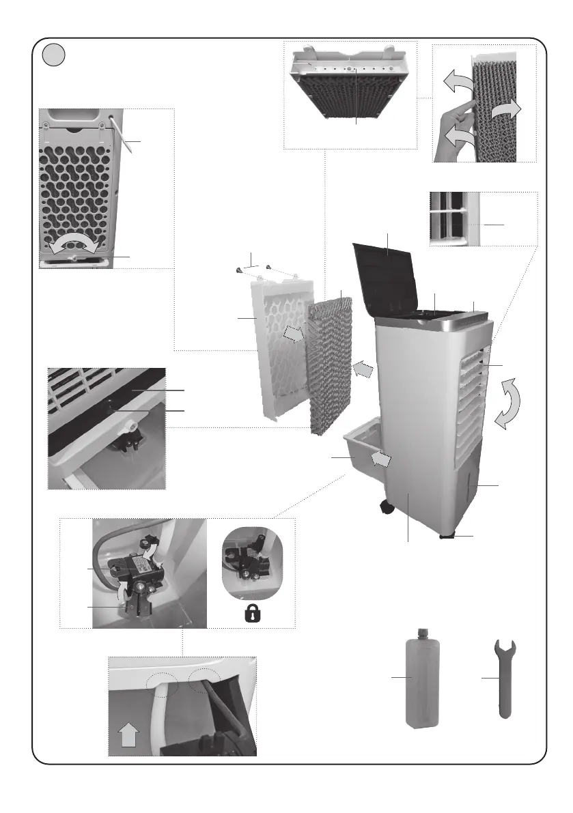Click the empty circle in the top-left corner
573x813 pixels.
[x=53, y=55]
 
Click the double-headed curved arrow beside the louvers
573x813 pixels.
[x=509, y=404]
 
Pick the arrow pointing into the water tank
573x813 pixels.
[x=380, y=459]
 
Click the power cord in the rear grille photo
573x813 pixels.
[x=122, y=137]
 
